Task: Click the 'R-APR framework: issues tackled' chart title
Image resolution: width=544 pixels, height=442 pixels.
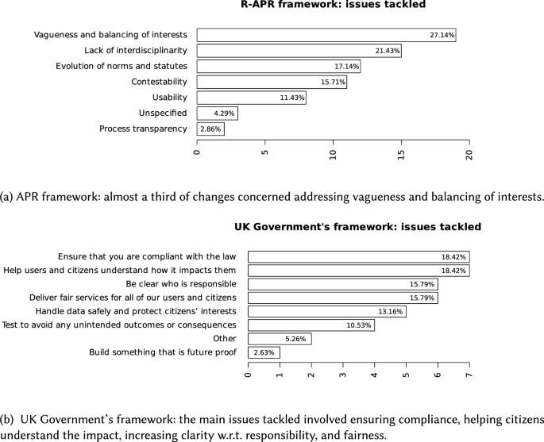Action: point(333,5)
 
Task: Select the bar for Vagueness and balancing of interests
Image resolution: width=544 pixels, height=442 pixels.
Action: point(326,35)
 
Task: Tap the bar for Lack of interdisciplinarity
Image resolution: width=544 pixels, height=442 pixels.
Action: point(299,51)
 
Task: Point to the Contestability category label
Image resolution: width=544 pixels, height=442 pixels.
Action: point(159,82)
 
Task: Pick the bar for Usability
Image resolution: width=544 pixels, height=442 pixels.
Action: point(251,98)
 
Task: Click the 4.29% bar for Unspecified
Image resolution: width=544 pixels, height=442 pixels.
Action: point(217,113)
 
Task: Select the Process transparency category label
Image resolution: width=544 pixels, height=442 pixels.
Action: point(143,129)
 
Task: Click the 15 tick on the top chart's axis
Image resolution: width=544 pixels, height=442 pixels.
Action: point(401,149)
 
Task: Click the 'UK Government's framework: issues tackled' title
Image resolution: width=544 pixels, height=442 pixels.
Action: point(357,227)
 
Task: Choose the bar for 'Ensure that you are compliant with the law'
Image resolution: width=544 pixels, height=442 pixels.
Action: point(358,257)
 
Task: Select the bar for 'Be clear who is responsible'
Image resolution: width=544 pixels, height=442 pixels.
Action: point(342,284)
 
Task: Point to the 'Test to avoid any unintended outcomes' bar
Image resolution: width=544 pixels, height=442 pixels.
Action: point(311,325)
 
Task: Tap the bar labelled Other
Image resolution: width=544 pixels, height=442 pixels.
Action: point(279,339)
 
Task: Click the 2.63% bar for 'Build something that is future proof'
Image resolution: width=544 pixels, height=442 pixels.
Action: point(264,352)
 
